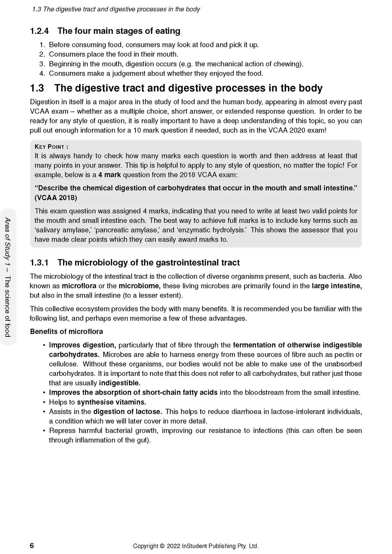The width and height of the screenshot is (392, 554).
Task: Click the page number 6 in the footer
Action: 32,545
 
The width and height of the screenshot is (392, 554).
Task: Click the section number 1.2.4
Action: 39,31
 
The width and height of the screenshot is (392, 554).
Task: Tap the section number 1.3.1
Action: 39,263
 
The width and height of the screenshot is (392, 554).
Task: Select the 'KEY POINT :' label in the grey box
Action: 51,147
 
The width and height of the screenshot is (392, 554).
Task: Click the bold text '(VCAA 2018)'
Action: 56,198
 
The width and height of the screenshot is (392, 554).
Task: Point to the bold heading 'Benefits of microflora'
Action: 66,331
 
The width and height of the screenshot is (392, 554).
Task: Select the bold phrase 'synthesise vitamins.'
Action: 112,402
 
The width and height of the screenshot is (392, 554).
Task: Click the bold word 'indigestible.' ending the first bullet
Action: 120,383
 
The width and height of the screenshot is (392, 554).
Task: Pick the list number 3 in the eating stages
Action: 42,64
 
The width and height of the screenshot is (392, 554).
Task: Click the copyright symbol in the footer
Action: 162,546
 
